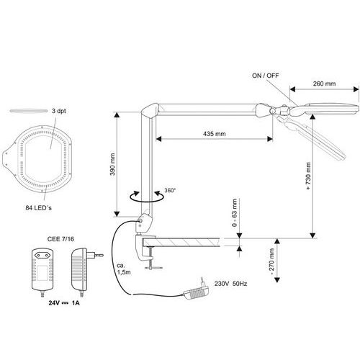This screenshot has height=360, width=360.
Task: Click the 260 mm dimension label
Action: point(324,84)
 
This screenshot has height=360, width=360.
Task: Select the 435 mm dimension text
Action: point(215,134)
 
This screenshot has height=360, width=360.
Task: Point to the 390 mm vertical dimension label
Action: point(112,164)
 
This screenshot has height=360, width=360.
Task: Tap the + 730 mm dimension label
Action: point(308,176)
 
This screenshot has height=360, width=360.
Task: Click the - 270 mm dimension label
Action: point(271,262)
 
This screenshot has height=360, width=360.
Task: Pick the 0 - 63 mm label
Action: point(235,212)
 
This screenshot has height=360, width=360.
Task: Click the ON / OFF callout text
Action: point(266,76)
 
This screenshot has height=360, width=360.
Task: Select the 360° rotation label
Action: point(170,190)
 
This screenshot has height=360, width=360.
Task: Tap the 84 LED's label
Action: point(38,208)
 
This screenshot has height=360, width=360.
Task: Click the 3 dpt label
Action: point(59,111)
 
